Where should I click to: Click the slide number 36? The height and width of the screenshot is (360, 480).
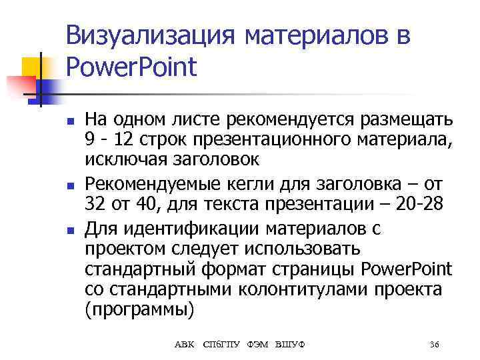point(434,345)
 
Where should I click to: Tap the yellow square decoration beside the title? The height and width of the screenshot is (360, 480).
point(31,67)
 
